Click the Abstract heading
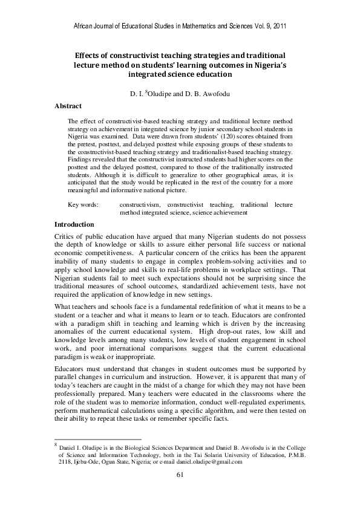click(x=68, y=106)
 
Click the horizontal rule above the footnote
click(x=97, y=439)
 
